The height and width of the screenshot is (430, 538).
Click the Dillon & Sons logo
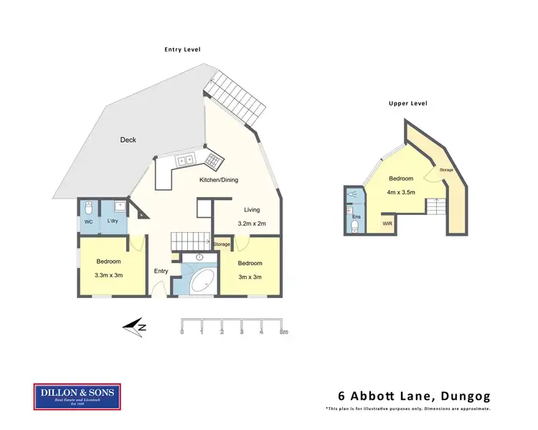tap(77, 397)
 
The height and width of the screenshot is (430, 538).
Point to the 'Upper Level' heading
tap(407, 103)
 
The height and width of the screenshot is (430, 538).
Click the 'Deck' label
tap(128, 140)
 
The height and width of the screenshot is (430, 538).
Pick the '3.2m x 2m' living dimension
tap(252, 224)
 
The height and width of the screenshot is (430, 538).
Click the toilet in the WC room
tap(88, 208)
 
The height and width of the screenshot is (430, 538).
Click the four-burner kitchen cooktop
tap(212, 159)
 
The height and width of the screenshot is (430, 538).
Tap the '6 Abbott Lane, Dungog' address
tap(414, 396)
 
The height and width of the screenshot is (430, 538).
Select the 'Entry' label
tap(161, 271)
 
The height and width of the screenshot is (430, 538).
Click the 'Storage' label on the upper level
tap(446, 171)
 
